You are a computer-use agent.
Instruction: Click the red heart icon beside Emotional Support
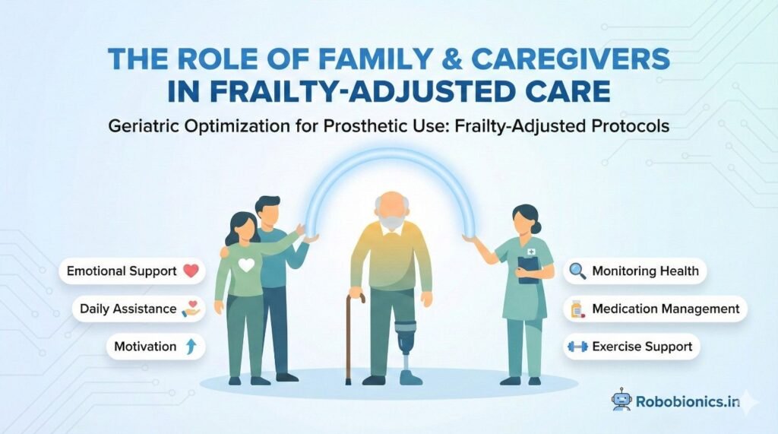point(190,271)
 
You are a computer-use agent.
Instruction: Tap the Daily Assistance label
point(117,309)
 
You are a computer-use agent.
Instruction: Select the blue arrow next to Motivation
point(190,347)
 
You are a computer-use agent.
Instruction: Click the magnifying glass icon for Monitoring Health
point(577,271)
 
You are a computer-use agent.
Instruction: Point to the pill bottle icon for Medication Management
point(577,309)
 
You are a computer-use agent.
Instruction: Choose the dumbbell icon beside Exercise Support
point(577,347)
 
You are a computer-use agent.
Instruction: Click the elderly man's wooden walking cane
point(350,334)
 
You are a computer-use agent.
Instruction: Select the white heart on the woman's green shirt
point(246,266)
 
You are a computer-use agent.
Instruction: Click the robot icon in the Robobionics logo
point(621,399)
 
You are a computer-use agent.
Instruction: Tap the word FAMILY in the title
point(354,59)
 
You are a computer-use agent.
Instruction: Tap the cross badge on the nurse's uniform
point(533,252)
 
